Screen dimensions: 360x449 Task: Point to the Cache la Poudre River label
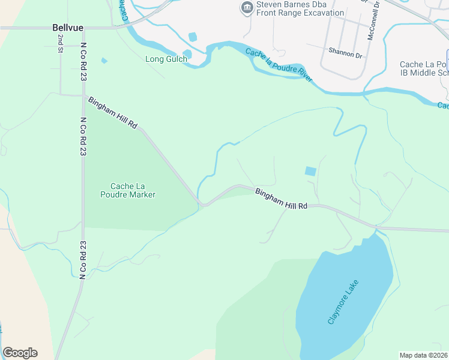(279, 65)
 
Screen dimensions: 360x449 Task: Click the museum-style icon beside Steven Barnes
(246, 8)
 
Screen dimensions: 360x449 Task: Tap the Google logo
(20, 353)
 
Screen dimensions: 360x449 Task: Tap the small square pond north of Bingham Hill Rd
(310, 171)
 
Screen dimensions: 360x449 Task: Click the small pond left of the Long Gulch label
(104, 61)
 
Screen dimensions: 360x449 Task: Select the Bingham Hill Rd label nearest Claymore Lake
(281, 199)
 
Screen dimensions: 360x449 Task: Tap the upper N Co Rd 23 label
(83, 62)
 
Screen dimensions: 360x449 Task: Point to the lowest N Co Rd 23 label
(83, 257)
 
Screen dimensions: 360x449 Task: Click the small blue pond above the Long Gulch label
(192, 37)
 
